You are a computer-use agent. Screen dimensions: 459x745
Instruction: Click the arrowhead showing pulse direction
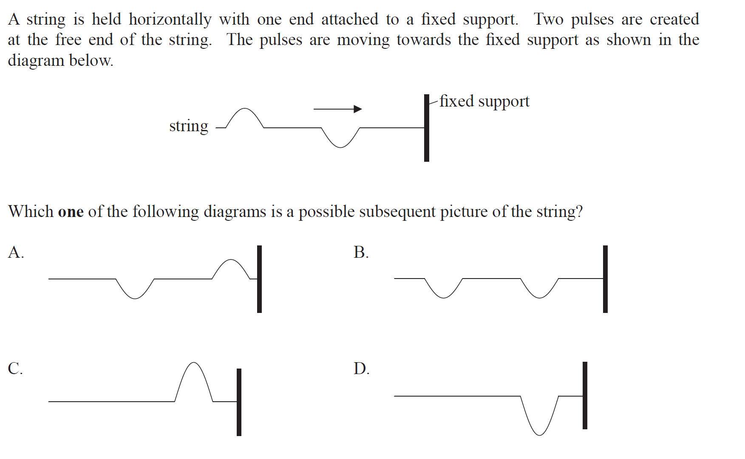tap(358, 109)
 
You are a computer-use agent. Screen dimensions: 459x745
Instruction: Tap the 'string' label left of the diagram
tap(189, 126)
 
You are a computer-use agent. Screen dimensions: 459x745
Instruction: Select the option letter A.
tap(16, 252)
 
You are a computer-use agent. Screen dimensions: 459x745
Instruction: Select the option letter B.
tap(361, 252)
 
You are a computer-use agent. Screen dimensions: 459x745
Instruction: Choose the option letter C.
tap(15, 368)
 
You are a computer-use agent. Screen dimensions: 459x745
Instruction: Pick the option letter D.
tap(361, 368)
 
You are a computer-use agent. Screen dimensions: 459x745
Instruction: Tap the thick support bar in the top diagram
tap(427, 128)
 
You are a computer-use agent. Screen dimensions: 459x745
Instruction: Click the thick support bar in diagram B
tap(605, 279)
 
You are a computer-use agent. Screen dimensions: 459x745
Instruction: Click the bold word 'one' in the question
tap(71, 211)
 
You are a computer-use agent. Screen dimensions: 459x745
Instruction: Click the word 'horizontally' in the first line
tap(170, 20)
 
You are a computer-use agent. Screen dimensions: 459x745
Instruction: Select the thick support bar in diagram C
tap(239, 402)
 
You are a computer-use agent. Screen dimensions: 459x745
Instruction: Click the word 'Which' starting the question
tap(31, 211)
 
